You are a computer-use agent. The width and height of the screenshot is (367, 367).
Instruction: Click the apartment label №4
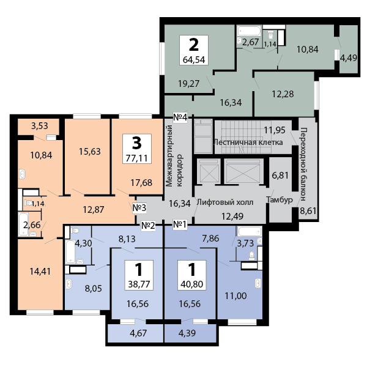pyautogui.click(x=180, y=117)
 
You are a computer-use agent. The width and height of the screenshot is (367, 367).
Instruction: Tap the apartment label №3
pyautogui.click(x=139, y=207)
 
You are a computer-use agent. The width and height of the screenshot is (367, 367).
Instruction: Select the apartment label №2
pyautogui.click(x=148, y=226)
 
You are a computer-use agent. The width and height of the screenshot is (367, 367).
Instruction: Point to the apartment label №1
pyautogui.click(x=180, y=224)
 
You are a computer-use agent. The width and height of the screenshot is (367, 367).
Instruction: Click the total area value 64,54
pyautogui.click(x=194, y=60)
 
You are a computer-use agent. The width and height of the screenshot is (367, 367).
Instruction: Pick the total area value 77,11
pyautogui.click(x=137, y=158)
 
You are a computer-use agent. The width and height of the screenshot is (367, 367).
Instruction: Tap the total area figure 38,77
pyautogui.click(x=139, y=284)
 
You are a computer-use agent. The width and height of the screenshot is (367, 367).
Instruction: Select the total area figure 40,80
pyautogui.click(x=191, y=284)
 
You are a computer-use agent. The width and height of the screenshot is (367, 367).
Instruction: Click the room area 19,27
pyautogui.click(x=188, y=84)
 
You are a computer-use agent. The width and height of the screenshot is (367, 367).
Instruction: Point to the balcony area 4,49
pyautogui.click(x=349, y=57)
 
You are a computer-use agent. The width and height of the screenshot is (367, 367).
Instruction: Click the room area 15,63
pyautogui.click(x=90, y=152)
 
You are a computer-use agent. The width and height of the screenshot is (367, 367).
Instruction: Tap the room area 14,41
pyautogui.click(x=40, y=271)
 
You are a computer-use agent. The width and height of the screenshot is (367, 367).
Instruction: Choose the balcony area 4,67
pyautogui.click(x=138, y=333)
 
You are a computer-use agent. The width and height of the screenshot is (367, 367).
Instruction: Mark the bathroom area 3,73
pyautogui.click(x=245, y=243)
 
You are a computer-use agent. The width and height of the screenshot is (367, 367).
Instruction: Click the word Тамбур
pyautogui.click(x=280, y=199)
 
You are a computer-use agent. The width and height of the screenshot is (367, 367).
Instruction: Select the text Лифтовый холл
pyautogui.click(x=225, y=202)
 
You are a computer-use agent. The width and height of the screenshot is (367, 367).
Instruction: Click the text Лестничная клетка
pyautogui.click(x=248, y=142)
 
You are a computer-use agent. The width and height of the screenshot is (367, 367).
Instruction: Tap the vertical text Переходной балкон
pyautogui.click(x=303, y=164)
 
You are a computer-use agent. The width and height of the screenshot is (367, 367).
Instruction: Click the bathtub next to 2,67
pyautogui.click(x=249, y=31)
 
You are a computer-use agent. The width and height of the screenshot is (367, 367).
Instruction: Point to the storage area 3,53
pyautogui.click(x=40, y=125)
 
